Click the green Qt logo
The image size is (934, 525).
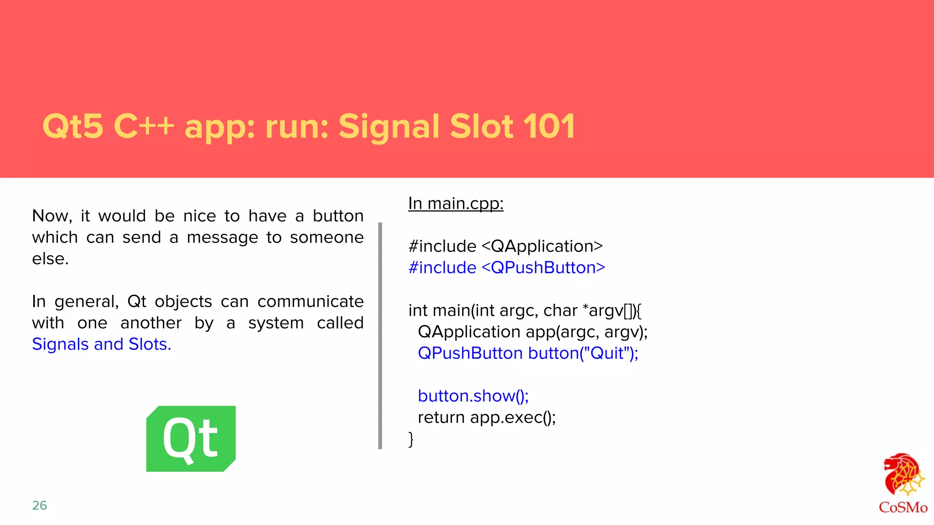pos(191,438)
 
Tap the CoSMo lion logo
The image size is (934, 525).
pos(903,475)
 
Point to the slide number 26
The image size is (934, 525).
pos(40,505)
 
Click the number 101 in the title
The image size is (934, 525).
pos(548,126)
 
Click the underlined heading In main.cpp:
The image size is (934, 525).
pos(456,203)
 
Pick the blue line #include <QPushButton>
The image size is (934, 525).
pos(507,268)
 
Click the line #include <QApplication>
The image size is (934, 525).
pos(505,246)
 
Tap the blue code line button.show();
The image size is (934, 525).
pos(473,396)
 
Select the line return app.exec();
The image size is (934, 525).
pos(487,417)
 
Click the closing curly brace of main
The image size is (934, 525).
pos(411,439)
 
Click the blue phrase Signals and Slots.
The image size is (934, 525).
pos(101,344)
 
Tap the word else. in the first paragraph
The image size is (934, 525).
pos(50,259)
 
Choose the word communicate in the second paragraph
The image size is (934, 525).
pos(310,301)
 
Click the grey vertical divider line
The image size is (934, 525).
pos(380,335)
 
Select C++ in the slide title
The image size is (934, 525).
pos(144,126)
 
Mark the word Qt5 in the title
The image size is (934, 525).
pos(73,126)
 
